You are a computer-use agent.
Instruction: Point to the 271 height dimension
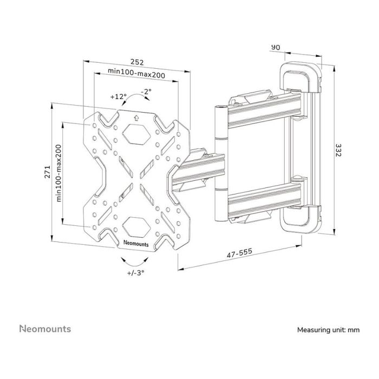[x=47, y=173]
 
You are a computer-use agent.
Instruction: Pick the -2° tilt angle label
[x=146, y=92]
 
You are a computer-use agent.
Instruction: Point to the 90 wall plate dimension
[x=276, y=48]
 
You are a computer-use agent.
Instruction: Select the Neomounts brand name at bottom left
[x=45, y=329]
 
